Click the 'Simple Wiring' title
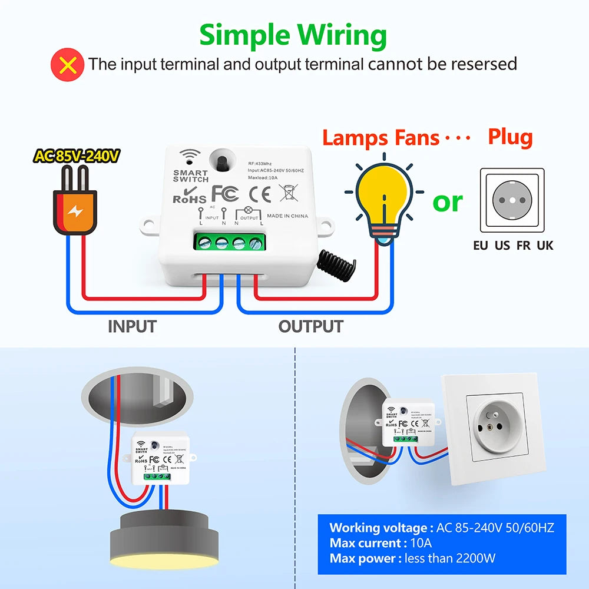click(293, 35)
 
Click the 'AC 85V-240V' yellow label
click(77, 156)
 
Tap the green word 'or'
click(448, 201)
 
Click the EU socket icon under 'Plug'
click(512, 201)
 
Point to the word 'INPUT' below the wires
click(132, 326)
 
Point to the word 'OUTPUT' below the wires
click(310, 326)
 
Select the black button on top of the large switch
click(224, 162)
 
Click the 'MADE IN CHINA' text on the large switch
click(287, 216)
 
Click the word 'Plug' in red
click(510, 137)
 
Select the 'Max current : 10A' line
click(380, 542)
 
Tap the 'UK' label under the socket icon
click(545, 246)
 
